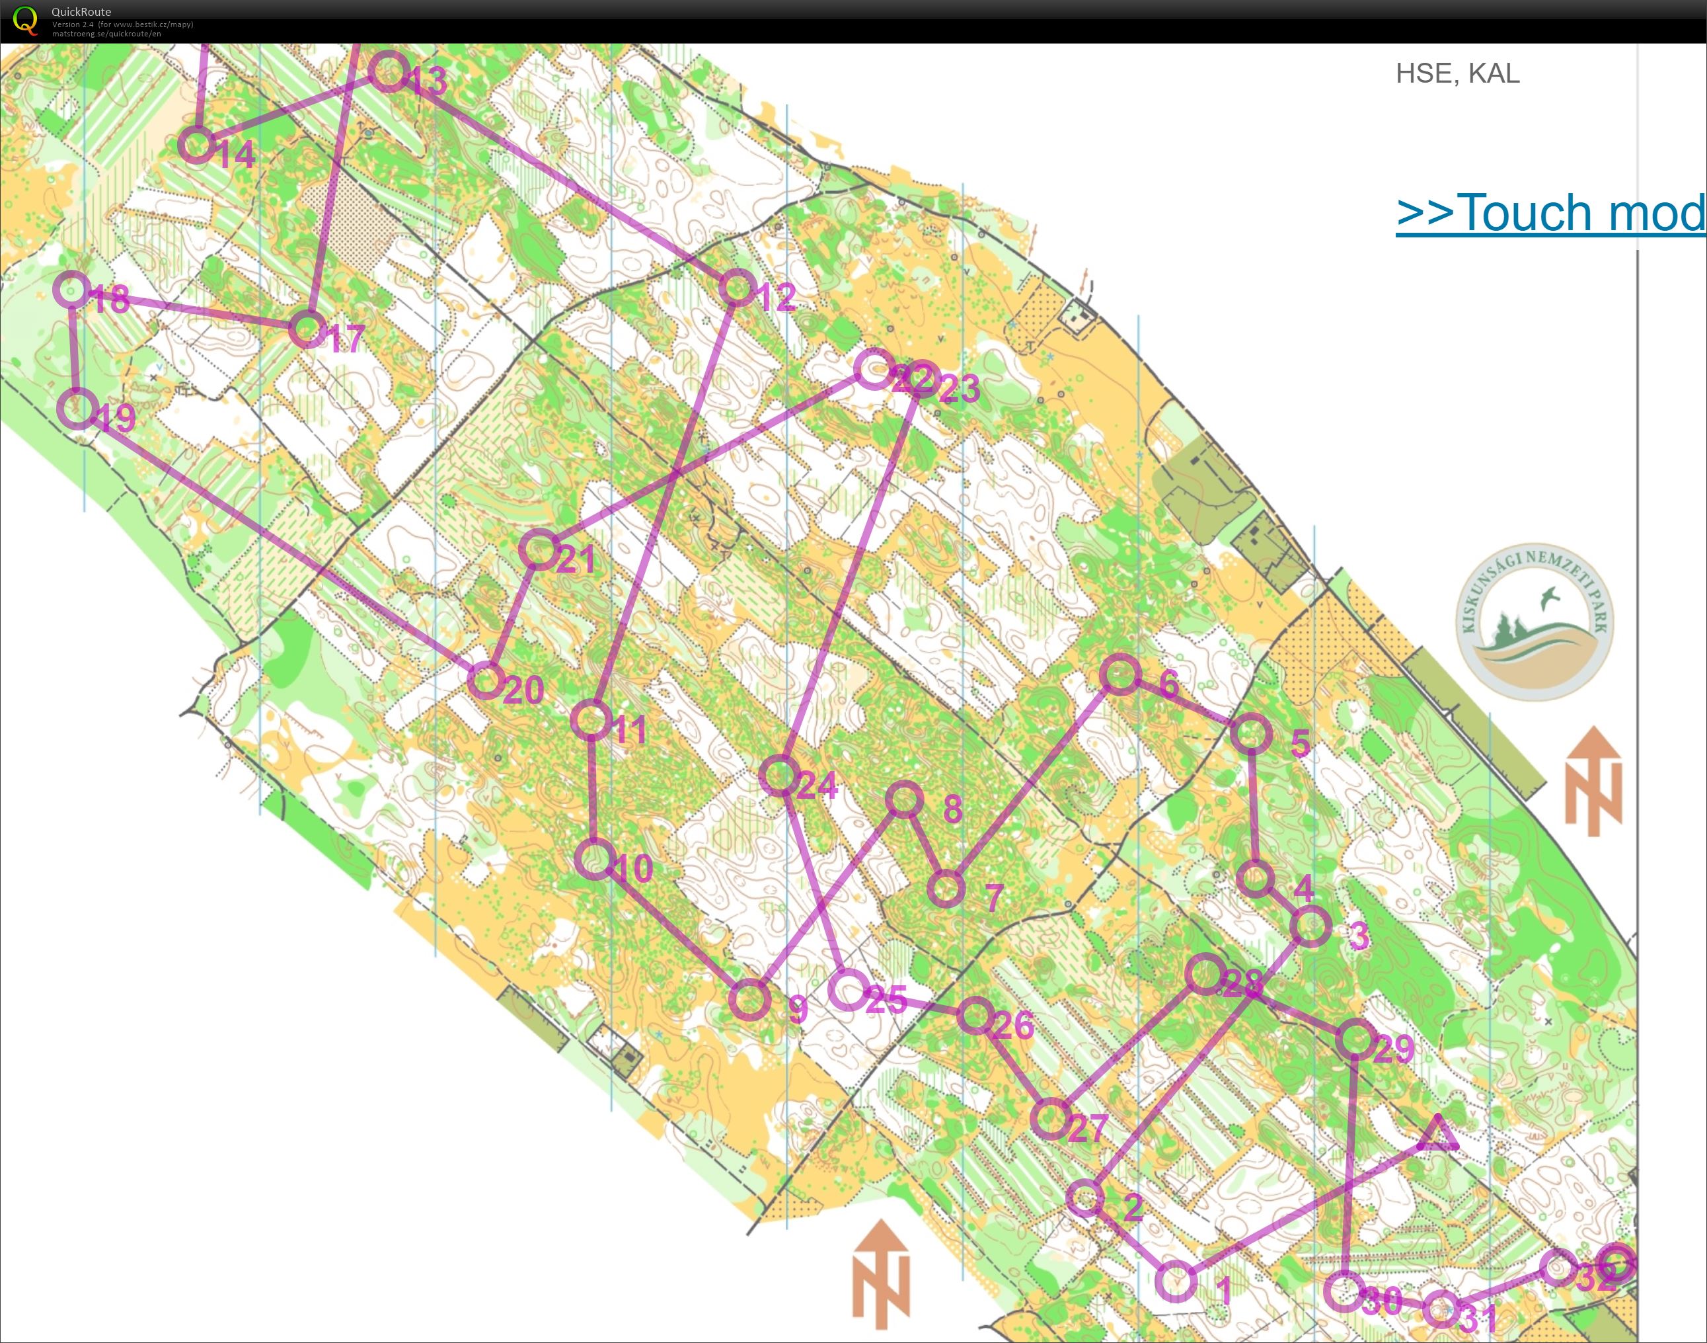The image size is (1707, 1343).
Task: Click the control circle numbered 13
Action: tap(388, 72)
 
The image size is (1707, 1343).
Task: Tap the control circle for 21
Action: tap(539, 549)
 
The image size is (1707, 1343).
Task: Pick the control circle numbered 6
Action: tap(1120, 674)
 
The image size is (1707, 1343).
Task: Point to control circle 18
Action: tap(72, 290)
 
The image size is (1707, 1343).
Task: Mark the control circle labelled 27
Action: tap(1051, 1119)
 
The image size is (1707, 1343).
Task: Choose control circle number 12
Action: tap(737, 288)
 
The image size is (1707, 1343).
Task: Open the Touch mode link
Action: tap(1550, 212)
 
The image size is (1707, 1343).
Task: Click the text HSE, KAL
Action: tap(1457, 73)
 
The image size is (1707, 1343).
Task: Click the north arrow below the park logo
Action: tap(1593, 780)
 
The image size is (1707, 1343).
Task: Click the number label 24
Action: tap(817, 785)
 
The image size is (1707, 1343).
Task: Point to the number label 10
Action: tap(632, 868)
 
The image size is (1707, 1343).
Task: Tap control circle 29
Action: tap(1355, 1039)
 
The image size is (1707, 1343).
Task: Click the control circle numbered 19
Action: tap(78, 408)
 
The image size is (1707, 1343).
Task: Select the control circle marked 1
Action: tap(1176, 1281)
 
